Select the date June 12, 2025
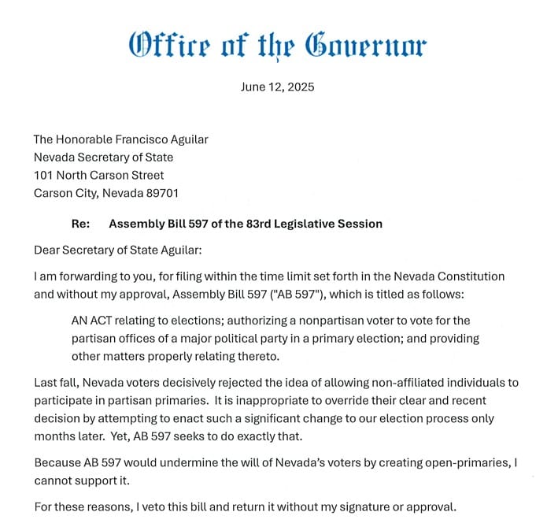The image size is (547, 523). [x=277, y=87]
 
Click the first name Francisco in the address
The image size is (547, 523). [x=142, y=139]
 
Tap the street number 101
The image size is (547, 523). [x=43, y=175]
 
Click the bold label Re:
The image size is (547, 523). [x=80, y=224]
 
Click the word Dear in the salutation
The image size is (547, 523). [x=47, y=250]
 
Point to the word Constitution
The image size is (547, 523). [x=471, y=276]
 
